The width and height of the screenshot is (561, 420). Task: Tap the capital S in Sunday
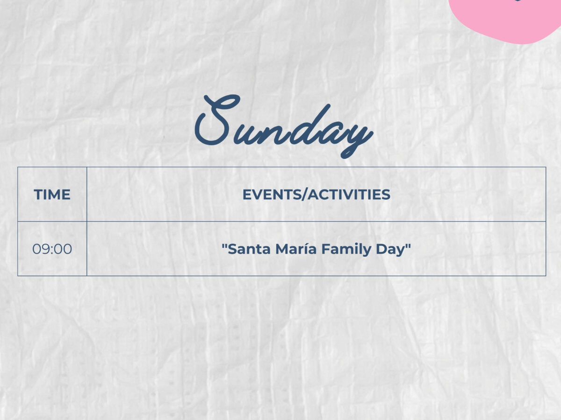(x=217, y=120)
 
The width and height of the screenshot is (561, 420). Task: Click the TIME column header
(x=52, y=195)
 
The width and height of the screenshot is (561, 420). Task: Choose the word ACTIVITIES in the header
(x=349, y=195)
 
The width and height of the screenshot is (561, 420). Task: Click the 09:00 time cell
(x=52, y=249)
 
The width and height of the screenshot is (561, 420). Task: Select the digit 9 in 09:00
(x=46, y=249)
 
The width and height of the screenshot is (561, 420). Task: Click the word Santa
(x=249, y=249)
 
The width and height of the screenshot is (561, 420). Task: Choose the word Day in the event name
(x=390, y=250)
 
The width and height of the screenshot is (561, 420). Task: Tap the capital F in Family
(x=326, y=249)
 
